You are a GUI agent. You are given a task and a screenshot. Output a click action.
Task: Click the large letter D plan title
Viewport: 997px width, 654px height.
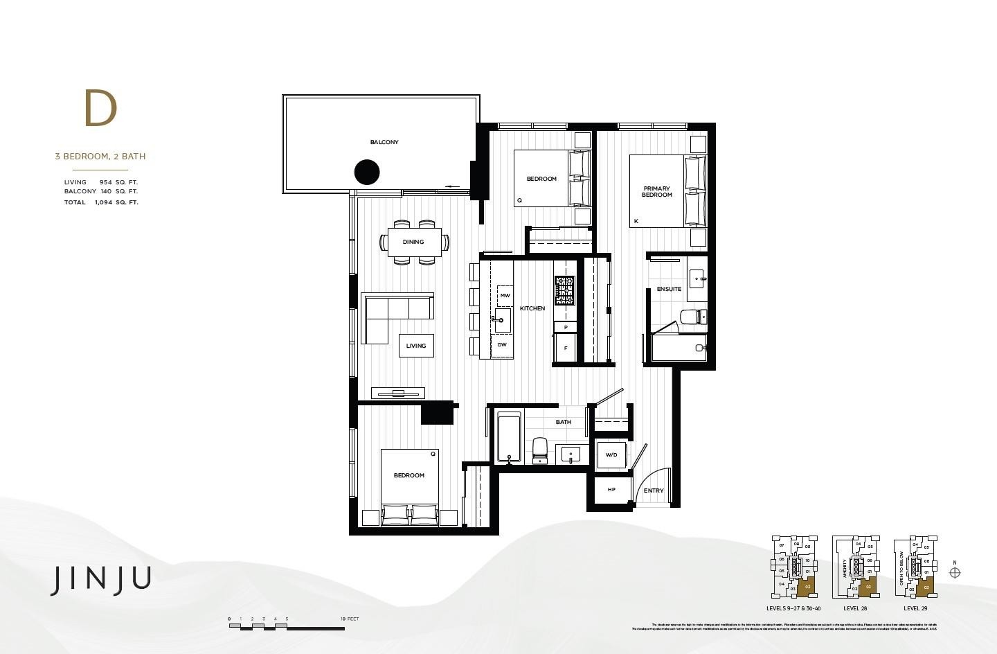(101, 109)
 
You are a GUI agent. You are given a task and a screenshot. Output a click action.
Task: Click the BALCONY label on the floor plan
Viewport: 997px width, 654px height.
(384, 142)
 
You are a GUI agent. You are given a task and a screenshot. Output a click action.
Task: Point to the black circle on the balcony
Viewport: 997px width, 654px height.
(367, 172)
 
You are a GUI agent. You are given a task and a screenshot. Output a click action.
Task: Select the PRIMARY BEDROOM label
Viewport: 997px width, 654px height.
(656, 191)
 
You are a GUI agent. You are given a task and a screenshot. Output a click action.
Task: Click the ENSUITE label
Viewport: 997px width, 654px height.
(669, 289)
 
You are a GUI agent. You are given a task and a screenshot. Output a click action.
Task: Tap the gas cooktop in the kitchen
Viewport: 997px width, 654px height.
(564, 290)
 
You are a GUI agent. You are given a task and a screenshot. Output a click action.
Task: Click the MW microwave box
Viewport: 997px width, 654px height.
(505, 296)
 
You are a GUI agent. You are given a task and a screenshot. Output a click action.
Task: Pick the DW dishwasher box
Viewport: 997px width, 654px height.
(502, 344)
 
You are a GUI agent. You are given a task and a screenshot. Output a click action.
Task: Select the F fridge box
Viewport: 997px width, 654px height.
(565, 348)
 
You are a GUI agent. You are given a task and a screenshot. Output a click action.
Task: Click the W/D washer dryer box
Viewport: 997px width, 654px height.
(611, 455)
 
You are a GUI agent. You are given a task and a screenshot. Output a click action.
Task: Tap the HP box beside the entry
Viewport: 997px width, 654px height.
(611, 490)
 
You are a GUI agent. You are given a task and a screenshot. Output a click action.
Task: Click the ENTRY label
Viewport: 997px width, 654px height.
(654, 491)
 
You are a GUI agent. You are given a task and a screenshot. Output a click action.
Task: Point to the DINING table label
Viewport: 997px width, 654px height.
(413, 242)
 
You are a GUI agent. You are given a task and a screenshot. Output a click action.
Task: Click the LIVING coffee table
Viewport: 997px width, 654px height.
(416, 346)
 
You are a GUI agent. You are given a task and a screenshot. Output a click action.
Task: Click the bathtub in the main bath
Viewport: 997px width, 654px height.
(509, 437)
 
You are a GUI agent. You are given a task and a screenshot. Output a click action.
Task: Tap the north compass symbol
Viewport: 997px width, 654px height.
(955, 572)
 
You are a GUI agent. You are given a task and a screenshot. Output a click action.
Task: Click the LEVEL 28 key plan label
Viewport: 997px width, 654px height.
(855, 608)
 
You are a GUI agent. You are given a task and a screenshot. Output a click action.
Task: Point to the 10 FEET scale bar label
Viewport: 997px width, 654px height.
(350, 619)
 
